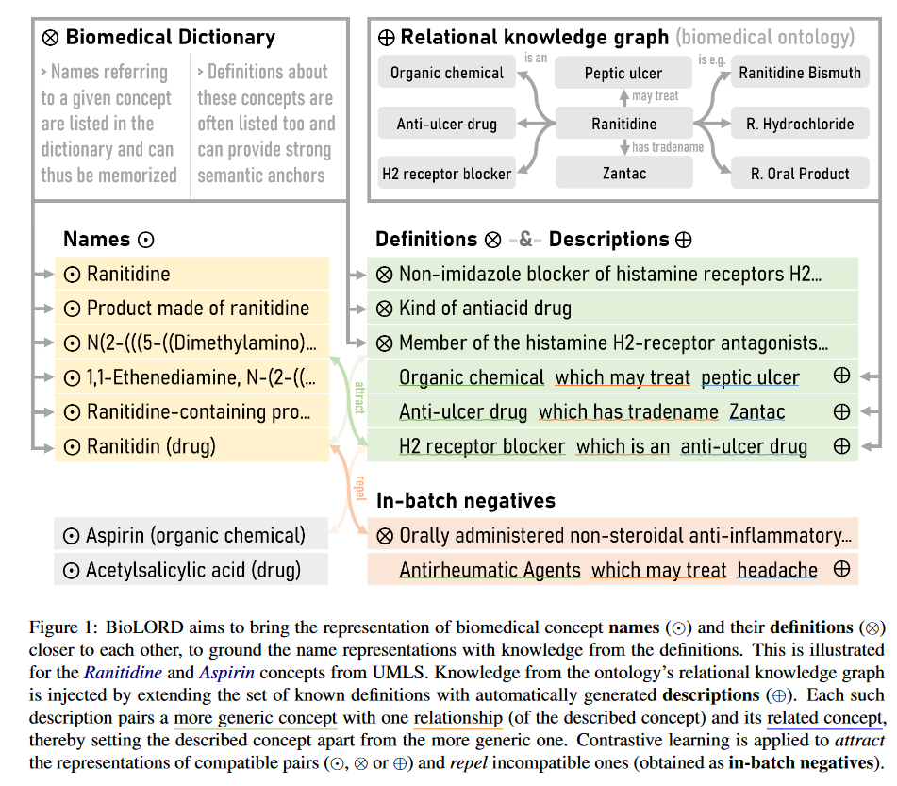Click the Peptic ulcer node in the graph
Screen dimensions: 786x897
click(x=623, y=73)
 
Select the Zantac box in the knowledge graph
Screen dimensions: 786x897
click(x=623, y=174)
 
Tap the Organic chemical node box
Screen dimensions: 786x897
click(x=446, y=73)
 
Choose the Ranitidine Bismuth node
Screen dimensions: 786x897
click(x=800, y=73)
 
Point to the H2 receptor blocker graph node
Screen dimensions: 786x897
click(x=446, y=174)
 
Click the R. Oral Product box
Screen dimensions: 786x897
click(x=800, y=174)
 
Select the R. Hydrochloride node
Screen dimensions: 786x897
click(x=800, y=124)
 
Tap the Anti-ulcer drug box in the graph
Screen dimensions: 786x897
click(x=446, y=124)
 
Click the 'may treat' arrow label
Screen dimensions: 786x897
click(x=655, y=96)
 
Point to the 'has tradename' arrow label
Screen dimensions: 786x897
click(x=667, y=147)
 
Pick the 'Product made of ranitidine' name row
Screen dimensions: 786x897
click(x=197, y=309)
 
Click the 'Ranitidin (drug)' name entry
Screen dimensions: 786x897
click(x=151, y=446)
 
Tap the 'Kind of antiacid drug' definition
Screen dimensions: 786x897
click(x=484, y=309)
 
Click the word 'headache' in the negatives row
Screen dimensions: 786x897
click(x=777, y=569)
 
